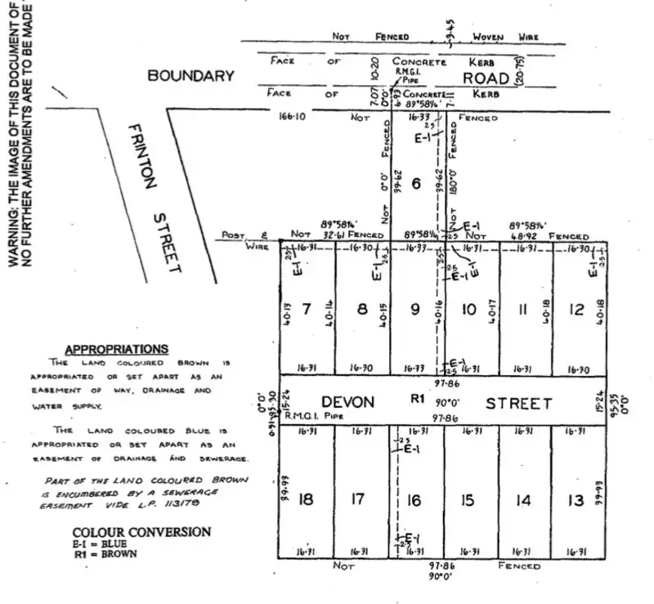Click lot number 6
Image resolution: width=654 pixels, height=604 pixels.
pyautogui.click(x=416, y=185)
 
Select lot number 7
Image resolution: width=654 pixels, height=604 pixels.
pyautogui.click(x=307, y=310)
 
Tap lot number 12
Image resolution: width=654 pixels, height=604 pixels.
pyautogui.click(x=578, y=310)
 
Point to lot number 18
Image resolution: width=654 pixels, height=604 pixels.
pyautogui.click(x=306, y=499)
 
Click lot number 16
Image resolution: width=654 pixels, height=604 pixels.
pyautogui.click(x=416, y=500)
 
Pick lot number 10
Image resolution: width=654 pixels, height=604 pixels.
pyautogui.click(x=469, y=310)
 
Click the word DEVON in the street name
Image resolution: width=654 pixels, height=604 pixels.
pyautogui.click(x=348, y=403)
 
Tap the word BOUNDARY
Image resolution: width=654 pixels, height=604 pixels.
pyautogui.click(x=190, y=76)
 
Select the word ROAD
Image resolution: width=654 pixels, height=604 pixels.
pyautogui.click(x=486, y=77)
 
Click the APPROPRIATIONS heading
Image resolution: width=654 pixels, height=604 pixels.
pyautogui.click(x=117, y=348)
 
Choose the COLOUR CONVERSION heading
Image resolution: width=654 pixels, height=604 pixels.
pyautogui.click(x=141, y=532)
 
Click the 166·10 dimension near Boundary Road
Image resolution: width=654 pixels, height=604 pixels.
pyautogui.click(x=292, y=117)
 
